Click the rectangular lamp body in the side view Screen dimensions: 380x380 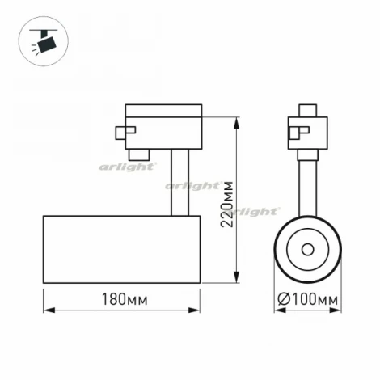tap(121, 250)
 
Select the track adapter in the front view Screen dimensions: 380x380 tap(309, 133)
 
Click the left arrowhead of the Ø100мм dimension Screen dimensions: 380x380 tap(277, 310)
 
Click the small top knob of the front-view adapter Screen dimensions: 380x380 tap(307, 109)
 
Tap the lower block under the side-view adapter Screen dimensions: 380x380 tap(139, 152)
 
